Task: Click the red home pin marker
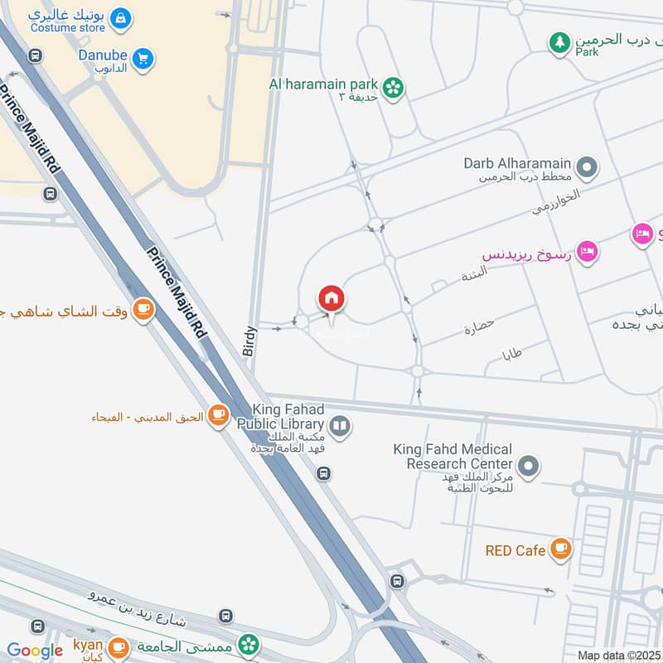coord(331,299)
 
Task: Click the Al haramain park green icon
coord(393,85)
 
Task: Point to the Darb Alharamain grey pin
coord(588,169)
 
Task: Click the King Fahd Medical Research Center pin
coord(528,467)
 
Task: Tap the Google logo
coord(35,651)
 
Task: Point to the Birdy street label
coord(250,341)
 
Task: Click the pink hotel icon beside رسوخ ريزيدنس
coord(588,250)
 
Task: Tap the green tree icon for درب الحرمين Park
coord(561,41)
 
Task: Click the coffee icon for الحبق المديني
coord(218,415)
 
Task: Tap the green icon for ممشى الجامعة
coord(248,644)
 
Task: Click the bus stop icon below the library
coord(323,474)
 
